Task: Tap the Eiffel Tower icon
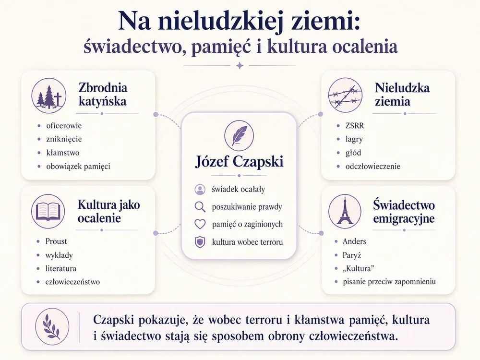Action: point(345,211)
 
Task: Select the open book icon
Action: point(48,211)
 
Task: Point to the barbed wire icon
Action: point(345,95)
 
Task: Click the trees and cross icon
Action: point(49,96)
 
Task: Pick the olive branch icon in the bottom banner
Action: point(52,326)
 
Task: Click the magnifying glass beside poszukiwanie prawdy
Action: point(200,207)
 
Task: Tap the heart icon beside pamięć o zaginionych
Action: point(200,224)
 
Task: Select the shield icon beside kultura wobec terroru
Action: point(200,242)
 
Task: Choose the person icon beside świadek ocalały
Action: point(200,190)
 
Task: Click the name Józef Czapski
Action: point(239,162)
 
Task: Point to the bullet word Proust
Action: point(56,241)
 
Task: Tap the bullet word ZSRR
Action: point(355,125)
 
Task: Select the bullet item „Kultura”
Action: point(359,268)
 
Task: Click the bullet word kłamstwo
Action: point(63,153)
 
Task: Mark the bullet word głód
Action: point(353,153)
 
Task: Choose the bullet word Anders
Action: point(354,241)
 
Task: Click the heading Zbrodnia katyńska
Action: point(103,94)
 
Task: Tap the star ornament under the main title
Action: point(240,65)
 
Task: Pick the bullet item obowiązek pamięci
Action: point(78,166)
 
